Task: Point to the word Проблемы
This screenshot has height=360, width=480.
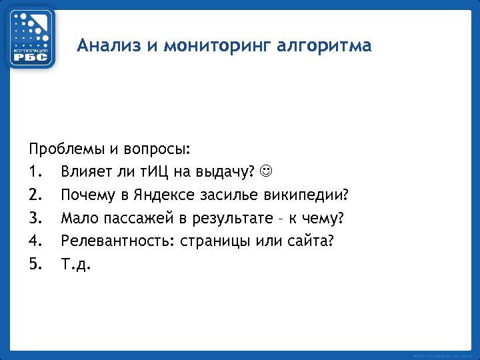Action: pos(62,149)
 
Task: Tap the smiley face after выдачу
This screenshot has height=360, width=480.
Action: pos(265,172)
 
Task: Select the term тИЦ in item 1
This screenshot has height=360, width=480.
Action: pos(153,172)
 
